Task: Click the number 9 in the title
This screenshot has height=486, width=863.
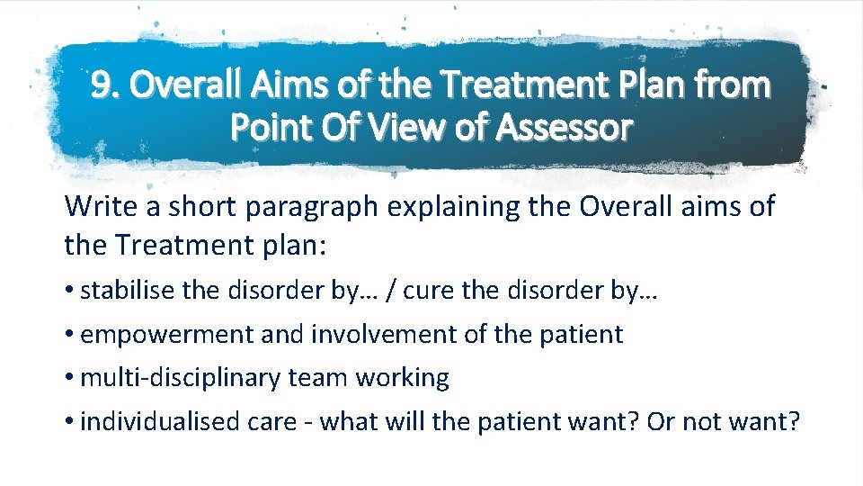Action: [102, 86]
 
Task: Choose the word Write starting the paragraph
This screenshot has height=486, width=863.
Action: [98, 206]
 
